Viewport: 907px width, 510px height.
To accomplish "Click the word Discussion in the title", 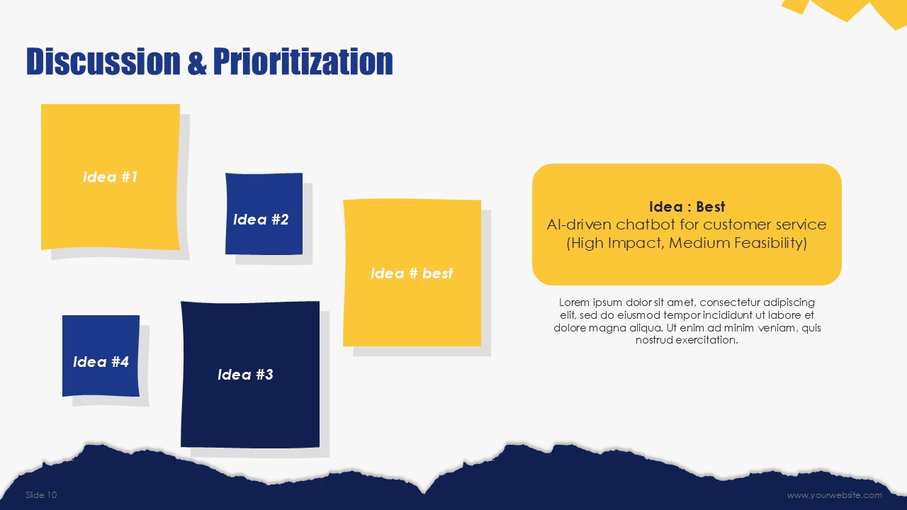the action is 103,62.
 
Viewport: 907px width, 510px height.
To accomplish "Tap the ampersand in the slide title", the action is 197,62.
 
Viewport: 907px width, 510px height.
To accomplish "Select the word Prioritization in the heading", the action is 303,62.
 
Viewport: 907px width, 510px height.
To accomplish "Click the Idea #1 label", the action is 110,177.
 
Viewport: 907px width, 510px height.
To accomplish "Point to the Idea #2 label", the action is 261,220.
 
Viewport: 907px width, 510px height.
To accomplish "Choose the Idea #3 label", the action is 245,375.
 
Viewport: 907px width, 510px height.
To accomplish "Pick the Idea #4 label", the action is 101,362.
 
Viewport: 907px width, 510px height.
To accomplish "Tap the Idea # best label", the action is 412,273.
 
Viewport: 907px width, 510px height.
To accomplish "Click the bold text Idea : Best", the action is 687,207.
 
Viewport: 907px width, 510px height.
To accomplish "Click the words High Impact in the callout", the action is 614,243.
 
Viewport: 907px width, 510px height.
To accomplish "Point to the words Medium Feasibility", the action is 738,243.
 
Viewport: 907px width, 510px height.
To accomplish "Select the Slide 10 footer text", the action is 41,494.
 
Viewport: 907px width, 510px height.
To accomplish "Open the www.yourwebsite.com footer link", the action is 835,495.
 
